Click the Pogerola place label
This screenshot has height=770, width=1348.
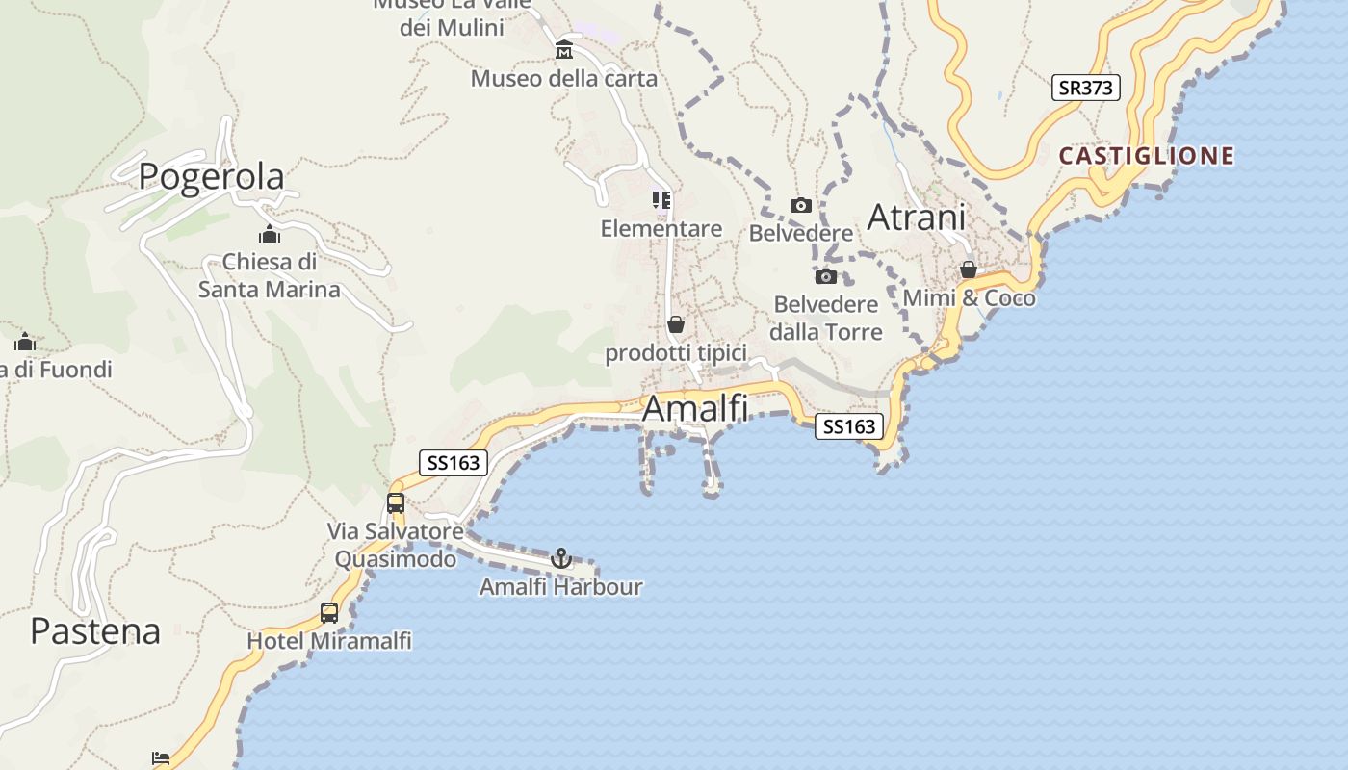tap(212, 177)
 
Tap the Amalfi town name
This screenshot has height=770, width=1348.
tap(694, 408)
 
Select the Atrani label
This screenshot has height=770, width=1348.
tap(916, 218)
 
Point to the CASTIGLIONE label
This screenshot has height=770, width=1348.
tap(1147, 156)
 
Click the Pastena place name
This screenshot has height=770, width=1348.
tap(95, 631)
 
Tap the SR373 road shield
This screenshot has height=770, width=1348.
tap(1085, 88)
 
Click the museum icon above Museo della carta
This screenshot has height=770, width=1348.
tap(564, 50)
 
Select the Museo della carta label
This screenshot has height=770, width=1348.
tap(564, 79)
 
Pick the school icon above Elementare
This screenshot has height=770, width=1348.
tap(661, 200)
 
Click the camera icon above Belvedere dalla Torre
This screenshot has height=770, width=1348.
tap(825, 277)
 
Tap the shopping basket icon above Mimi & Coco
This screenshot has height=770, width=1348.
tap(969, 270)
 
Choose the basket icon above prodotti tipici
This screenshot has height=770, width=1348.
tap(676, 325)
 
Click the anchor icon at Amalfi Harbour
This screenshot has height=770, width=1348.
tap(560, 558)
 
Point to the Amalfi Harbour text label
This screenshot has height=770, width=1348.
tap(560, 587)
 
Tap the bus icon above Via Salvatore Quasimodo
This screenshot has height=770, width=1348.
tap(396, 502)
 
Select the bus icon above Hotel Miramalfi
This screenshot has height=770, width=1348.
tap(329, 613)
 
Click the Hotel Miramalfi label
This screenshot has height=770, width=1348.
tap(329, 641)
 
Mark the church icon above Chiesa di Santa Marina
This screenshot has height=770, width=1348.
tap(270, 234)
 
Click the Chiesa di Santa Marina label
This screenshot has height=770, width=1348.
tap(270, 275)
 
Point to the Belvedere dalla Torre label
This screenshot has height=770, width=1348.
tap(827, 319)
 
